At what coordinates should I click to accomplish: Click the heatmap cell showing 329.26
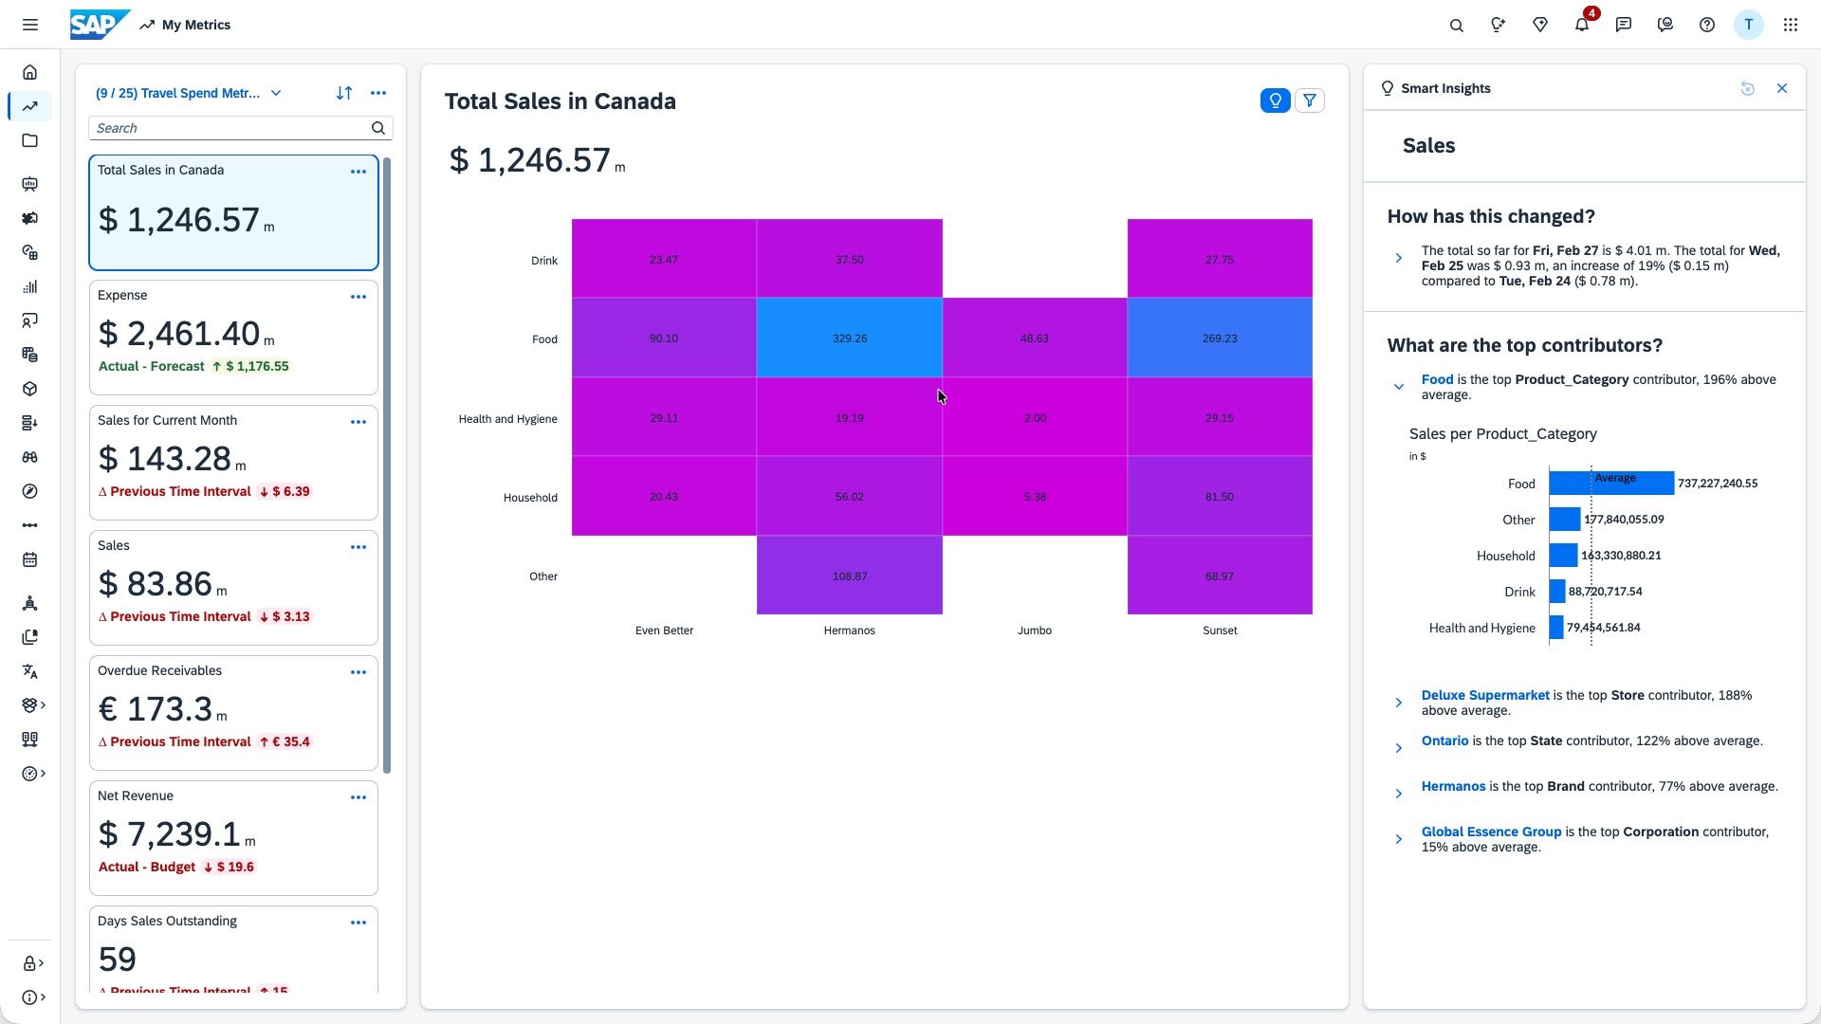click(849, 338)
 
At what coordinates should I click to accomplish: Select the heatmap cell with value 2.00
click(1035, 417)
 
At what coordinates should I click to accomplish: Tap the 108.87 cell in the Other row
click(849, 576)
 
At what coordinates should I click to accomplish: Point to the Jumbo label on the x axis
click(1034, 631)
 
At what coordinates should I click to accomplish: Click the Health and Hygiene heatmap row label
click(507, 419)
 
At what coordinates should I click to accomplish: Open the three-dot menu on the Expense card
click(358, 297)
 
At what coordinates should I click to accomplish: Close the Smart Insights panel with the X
click(1781, 88)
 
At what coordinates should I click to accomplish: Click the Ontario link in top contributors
click(1444, 741)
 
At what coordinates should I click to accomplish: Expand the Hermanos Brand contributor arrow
click(1398, 794)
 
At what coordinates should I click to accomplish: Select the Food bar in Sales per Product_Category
click(1610, 484)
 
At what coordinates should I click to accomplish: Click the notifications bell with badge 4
click(1581, 26)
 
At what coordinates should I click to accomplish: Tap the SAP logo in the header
click(99, 25)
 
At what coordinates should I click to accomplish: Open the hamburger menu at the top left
click(30, 25)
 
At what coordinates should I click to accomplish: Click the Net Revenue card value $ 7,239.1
click(170, 834)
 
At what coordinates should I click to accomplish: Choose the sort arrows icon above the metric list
click(343, 93)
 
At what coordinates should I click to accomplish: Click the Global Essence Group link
click(1490, 832)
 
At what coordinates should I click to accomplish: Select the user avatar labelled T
click(1747, 25)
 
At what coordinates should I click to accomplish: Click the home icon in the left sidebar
click(30, 73)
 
